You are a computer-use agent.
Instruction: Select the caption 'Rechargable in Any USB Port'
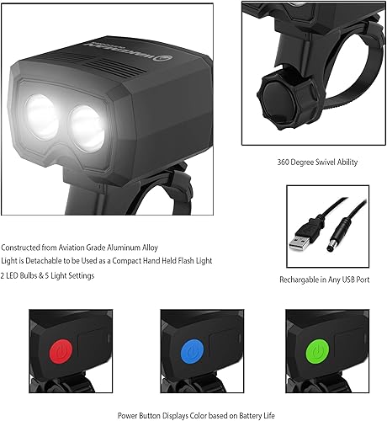[x=324, y=279]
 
